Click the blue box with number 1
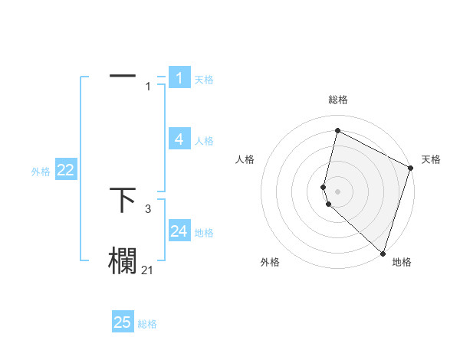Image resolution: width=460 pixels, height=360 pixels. (x=179, y=77)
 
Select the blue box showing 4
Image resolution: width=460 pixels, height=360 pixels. (x=179, y=139)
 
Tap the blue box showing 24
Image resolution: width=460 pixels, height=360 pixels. (x=179, y=231)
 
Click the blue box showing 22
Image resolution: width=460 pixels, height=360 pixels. (x=65, y=170)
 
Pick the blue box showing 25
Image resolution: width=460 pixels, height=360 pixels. (x=123, y=322)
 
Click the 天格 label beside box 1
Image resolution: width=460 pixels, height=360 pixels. (x=204, y=80)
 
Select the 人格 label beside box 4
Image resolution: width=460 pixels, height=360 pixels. (x=204, y=141)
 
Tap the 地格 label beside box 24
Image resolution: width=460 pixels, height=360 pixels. (x=204, y=233)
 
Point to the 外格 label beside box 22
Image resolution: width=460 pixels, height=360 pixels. (x=41, y=172)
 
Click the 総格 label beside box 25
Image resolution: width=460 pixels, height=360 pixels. (x=147, y=325)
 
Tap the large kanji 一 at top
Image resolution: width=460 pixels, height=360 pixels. (x=123, y=76)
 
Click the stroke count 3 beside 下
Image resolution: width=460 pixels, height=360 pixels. (x=148, y=208)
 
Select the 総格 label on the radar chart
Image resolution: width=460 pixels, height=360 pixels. (x=338, y=100)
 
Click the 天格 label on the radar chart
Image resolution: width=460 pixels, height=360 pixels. (x=431, y=159)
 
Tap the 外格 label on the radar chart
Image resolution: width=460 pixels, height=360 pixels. (x=270, y=263)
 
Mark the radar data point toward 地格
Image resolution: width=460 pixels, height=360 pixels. (x=383, y=253)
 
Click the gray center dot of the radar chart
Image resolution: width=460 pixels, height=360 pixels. (x=338, y=191)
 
